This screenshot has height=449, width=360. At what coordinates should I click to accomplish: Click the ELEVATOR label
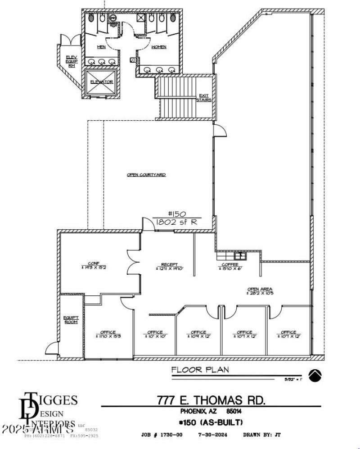coord(101,82)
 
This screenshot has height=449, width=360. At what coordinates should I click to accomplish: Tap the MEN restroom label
coord(102,46)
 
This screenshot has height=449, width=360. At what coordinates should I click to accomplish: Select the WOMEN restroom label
coord(158,47)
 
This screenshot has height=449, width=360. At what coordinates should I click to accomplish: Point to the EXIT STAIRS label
coord(205,97)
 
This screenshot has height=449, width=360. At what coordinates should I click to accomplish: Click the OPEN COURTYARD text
coord(146,175)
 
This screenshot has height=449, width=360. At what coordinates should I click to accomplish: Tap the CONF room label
coord(94,266)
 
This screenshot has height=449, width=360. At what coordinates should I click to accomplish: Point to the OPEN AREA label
coord(260,291)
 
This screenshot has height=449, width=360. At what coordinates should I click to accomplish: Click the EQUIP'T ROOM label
coord(71,319)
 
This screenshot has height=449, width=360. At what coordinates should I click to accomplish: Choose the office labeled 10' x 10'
coord(155,335)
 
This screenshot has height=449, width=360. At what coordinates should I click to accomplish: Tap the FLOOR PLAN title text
coord(200,370)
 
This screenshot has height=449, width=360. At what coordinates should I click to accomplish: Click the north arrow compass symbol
coord(315,375)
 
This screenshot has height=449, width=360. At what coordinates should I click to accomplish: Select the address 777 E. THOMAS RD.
coord(211,399)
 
